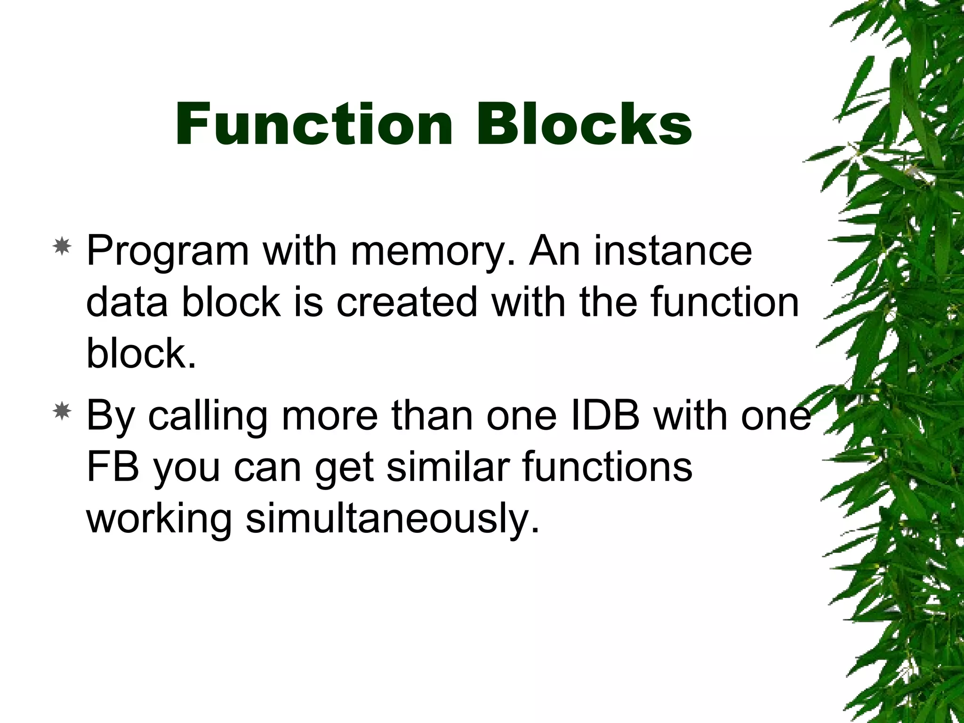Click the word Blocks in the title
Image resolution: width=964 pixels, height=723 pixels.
(584, 125)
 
